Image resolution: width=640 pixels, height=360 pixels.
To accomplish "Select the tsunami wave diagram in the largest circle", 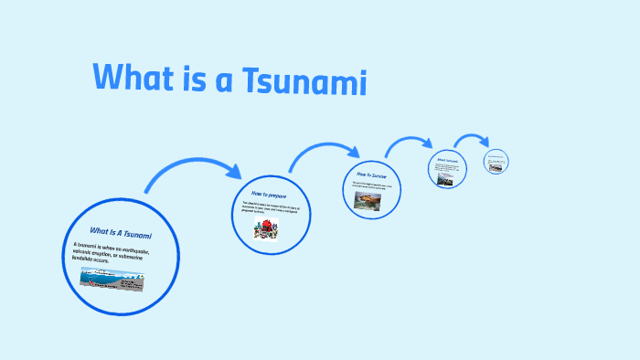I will click(112, 279).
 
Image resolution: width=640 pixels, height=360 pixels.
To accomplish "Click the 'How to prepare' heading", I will click(271, 194).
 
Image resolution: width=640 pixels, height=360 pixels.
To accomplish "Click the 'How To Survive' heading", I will click(372, 174).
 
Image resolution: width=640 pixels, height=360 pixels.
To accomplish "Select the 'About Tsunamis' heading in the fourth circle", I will click(447, 162).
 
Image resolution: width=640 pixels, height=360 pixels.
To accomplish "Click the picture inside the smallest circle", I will click(496, 167).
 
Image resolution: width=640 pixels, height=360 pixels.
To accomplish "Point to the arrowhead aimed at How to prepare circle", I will click(232, 171).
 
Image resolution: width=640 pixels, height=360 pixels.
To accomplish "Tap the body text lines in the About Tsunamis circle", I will click(447, 169).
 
